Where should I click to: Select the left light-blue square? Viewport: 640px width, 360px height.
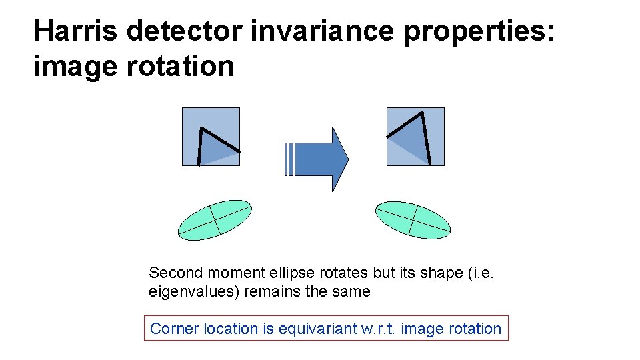pos(211,137)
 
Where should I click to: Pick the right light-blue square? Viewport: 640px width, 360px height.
pos(415,137)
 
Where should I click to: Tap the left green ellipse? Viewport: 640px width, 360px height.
pos(215,219)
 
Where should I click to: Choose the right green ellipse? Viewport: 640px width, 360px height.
pos(413,219)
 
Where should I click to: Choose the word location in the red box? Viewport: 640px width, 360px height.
pos(223,329)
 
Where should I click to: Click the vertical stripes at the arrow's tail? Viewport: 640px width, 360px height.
pos(288,159)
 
